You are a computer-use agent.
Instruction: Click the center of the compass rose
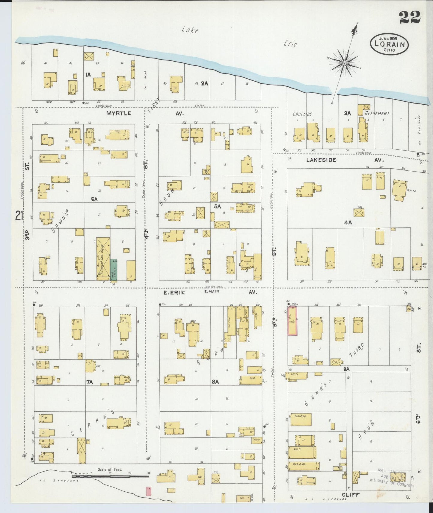[345, 63]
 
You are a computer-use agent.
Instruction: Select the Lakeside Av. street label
[321, 160]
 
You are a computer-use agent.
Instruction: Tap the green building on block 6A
[114, 270]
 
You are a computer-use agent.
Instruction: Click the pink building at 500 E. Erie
[292, 321]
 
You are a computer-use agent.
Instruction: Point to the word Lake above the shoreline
[190, 30]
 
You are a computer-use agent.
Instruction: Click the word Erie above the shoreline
[290, 44]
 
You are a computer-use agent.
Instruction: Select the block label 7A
[90, 382]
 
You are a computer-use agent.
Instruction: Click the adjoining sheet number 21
[20, 215]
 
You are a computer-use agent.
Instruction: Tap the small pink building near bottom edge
[148, 491]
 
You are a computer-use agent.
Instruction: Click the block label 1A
[88, 74]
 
